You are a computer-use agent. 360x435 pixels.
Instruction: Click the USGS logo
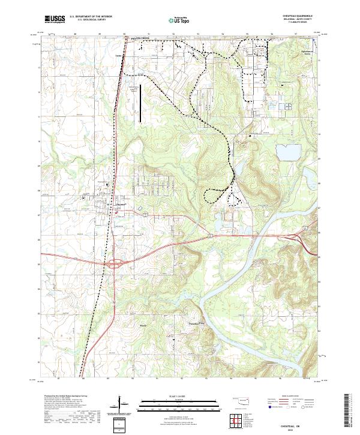[54, 19]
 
